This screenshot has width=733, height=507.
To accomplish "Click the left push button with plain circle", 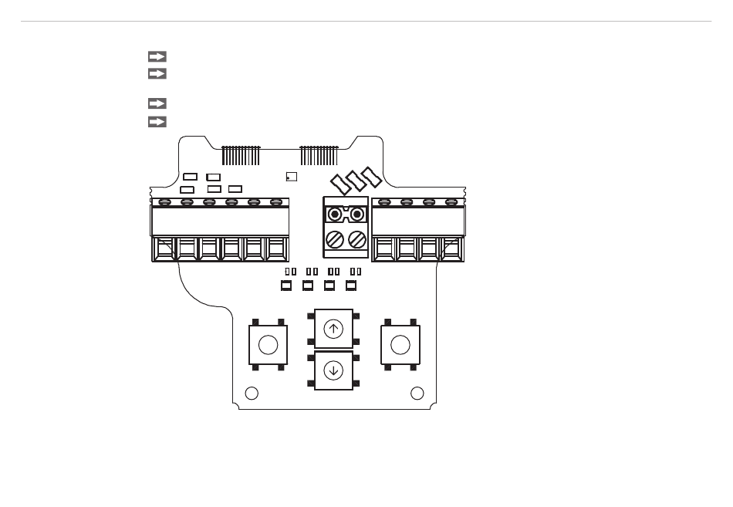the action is (268, 345).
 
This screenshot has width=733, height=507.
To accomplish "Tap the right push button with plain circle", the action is (400, 345).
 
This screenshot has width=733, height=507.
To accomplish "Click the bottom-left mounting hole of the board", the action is (251, 394).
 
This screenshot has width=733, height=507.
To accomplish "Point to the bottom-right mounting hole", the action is (417, 394).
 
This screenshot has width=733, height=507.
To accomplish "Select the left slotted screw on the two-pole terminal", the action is (335, 239).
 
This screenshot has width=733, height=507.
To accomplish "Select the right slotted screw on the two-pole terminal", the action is (356, 239).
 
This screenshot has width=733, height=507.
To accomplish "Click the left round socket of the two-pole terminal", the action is (335, 214).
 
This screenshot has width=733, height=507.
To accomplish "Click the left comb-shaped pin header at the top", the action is (242, 155).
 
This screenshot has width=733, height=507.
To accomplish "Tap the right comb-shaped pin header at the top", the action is (319, 155).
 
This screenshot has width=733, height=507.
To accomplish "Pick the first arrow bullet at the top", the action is (157, 56).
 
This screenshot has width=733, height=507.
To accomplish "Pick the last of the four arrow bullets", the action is (157, 121).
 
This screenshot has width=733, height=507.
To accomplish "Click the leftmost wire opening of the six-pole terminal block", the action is (164, 250).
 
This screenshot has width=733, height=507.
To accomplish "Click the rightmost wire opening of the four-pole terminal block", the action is (451, 250).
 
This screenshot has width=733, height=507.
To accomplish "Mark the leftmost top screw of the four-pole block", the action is (384, 202).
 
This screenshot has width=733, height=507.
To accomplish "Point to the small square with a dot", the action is (291, 177).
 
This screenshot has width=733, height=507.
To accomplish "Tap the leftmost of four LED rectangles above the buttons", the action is (286, 286).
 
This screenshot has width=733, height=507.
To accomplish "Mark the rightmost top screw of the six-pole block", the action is (276, 202).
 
